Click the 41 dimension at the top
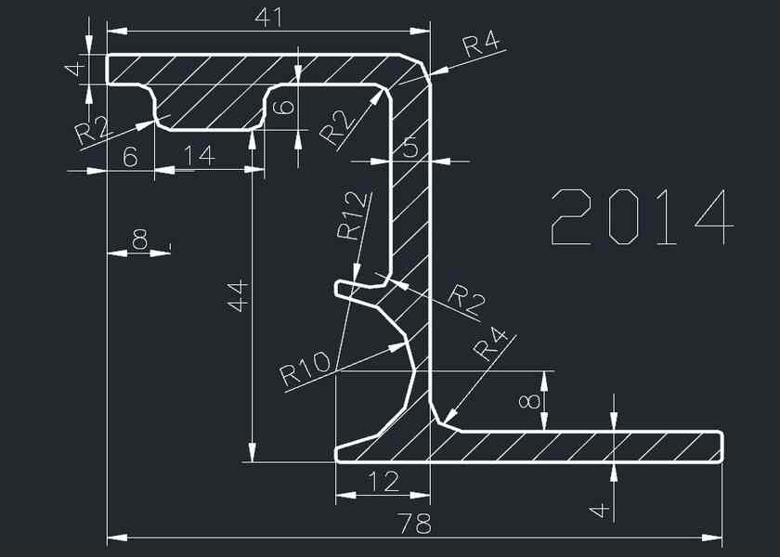click(268, 18)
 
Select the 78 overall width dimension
click(414, 524)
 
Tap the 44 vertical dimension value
click(238, 296)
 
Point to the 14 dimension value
click(200, 155)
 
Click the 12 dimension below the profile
click(383, 482)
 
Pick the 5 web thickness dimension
click(409, 148)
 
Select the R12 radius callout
click(353, 215)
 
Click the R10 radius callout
click(305, 369)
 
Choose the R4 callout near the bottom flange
click(490, 343)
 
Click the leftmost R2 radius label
click(92, 132)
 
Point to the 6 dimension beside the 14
click(130, 157)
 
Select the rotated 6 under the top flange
click(285, 108)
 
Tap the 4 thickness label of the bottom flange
click(598, 510)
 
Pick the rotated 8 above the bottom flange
click(528, 402)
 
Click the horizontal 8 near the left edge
click(140, 240)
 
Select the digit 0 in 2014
click(623, 217)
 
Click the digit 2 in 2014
click(570, 217)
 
